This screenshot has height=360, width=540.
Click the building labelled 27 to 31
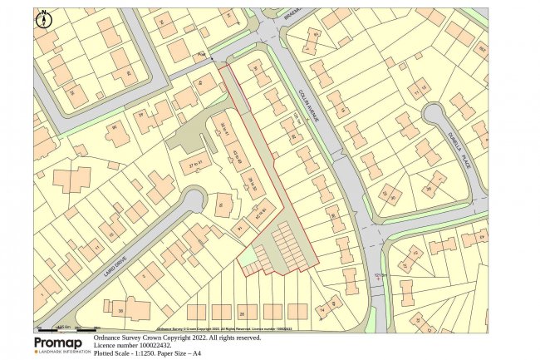195,166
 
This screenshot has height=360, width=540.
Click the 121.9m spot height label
381,276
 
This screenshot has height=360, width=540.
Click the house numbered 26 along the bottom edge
242,313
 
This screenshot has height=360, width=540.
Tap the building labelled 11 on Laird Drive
97,247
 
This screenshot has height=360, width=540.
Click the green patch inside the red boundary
247,260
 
